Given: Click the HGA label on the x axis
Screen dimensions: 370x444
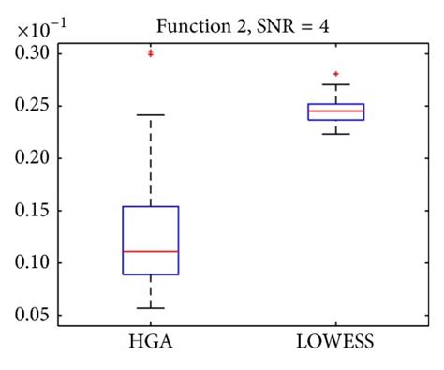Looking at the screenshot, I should pyautogui.click(x=150, y=343).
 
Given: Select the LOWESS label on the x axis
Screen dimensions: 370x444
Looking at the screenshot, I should pyautogui.click(x=335, y=343).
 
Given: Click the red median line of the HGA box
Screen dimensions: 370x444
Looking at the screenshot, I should pyautogui.click(x=150, y=251).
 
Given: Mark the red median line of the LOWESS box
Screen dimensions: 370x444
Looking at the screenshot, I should pyautogui.click(x=335, y=111).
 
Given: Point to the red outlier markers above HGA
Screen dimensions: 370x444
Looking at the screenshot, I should pyautogui.click(x=150, y=53).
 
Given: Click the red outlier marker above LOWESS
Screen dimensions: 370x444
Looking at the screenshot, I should pyautogui.click(x=335, y=73).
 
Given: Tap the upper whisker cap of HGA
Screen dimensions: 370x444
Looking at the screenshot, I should pyautogui.click(x=150, y=114).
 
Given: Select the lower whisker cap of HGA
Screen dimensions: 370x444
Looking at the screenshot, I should pyautogui.click(x=150, y=307).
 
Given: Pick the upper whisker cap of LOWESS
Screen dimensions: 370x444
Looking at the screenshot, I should pyautogui.click(x=335, y=84).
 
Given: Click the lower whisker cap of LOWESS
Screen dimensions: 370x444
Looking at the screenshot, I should pyautogui.click(x=335, y=134).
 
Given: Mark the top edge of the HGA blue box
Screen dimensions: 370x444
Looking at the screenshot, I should pyautogui.click(x=150, y=206).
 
